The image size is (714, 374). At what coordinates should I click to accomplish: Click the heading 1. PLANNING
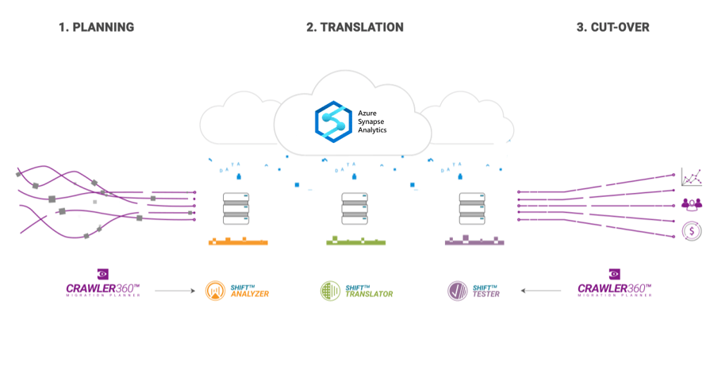click(x=96, y=27)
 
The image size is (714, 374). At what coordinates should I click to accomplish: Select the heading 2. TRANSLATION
click(x=355, y=27)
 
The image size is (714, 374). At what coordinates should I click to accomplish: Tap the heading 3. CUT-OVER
click(x=612, y=27)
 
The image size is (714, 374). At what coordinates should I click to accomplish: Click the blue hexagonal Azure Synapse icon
click(x=332, y=121)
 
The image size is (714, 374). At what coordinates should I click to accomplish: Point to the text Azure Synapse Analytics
click(x=372, y=121)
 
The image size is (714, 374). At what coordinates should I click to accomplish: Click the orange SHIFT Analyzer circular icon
click(x=215, y=291)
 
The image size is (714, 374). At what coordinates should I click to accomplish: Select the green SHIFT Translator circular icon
click(x=330, y=291)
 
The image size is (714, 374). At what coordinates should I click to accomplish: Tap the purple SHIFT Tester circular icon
click(x=457, y=291)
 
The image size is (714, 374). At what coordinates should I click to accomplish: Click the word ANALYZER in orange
click(x=250, y=295)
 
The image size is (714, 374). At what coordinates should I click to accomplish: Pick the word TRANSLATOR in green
click(x=369, y=295)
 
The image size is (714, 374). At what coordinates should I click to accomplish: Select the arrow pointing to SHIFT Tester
click(x=542, y=291)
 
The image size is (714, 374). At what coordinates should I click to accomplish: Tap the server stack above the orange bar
click(x=236, y=208)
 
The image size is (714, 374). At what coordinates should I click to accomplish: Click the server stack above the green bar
click(x=355, y=208)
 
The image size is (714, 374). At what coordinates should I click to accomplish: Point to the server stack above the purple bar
click(x=473, y=208)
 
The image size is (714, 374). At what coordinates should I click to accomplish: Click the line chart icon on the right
click(x=691, y=177)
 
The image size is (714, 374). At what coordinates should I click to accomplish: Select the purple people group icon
click(x=691, y=204)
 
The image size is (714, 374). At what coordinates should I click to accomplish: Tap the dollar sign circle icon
click(x=691, y=231)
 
